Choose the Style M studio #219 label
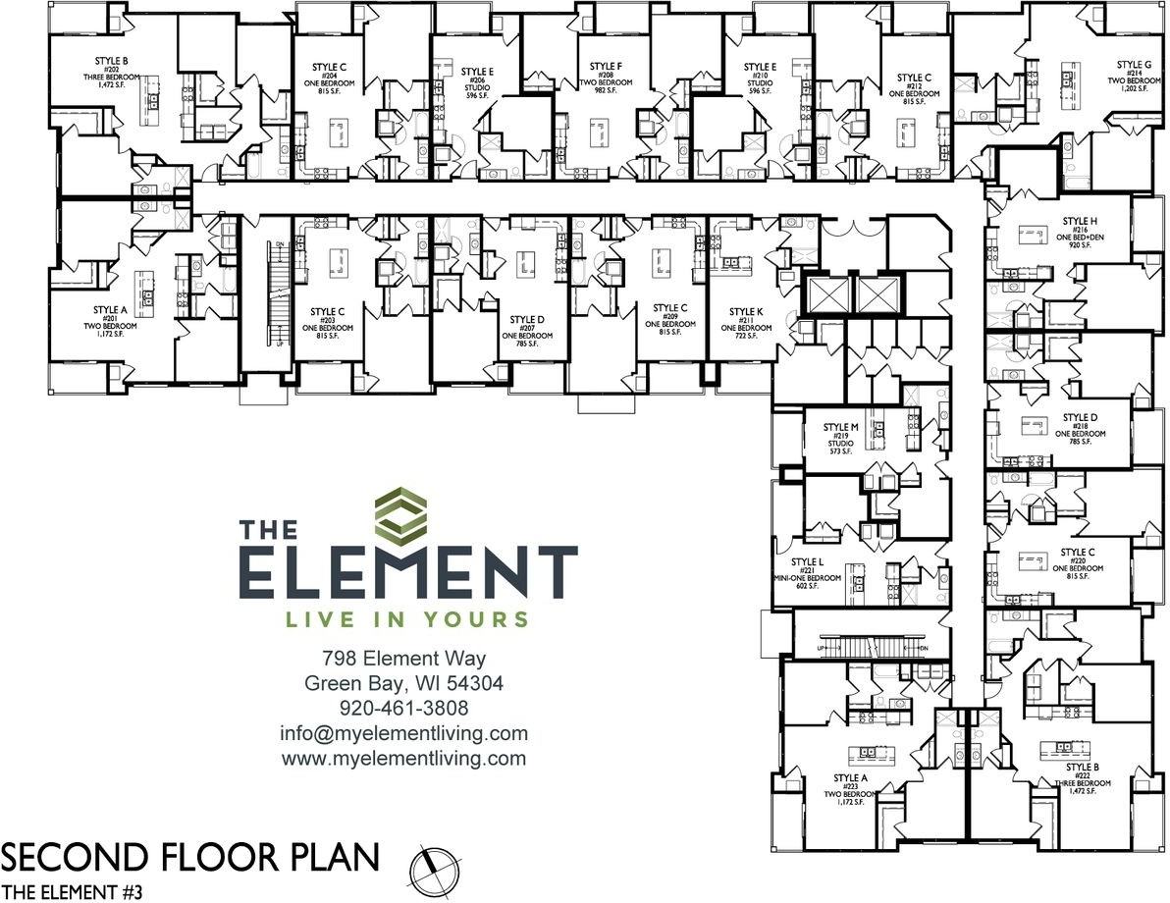point(840,438)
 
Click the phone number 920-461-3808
point(403,708)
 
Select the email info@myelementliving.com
point(403,733)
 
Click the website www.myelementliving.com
point(403,759)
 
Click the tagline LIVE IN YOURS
point(406,619)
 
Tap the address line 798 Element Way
point(403,658)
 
